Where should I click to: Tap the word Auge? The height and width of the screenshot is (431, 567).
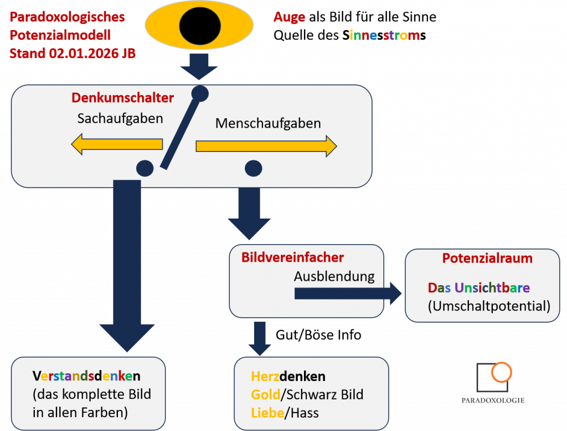tap(289, 17)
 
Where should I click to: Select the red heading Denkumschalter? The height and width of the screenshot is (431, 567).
tap(122, 98)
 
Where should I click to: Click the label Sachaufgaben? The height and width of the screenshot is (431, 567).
tap(120, 118)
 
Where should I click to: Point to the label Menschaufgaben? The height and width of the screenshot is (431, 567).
tap(268, 123)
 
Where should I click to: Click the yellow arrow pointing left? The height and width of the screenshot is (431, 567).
tap(117, 145)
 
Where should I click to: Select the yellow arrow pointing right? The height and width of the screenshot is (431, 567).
tap(266, 146)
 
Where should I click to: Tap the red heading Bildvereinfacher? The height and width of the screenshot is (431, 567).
tap(292, 257)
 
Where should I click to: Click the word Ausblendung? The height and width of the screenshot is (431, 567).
tap(334, 276)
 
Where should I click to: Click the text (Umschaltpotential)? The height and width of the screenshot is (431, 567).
tap(489, 306)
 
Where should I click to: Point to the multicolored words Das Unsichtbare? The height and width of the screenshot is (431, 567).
tap(478, 288)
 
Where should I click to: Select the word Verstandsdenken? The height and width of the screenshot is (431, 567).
tap(86, 376)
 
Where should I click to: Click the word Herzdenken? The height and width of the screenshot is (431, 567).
tap(288, 377)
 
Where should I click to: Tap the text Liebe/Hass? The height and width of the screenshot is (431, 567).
tap(285, 413)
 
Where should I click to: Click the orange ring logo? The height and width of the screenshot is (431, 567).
tap(502, 372)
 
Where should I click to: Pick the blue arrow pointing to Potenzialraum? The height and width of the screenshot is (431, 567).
tap(349, 293)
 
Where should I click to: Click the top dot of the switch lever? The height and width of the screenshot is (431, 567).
tap(199, 93)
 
